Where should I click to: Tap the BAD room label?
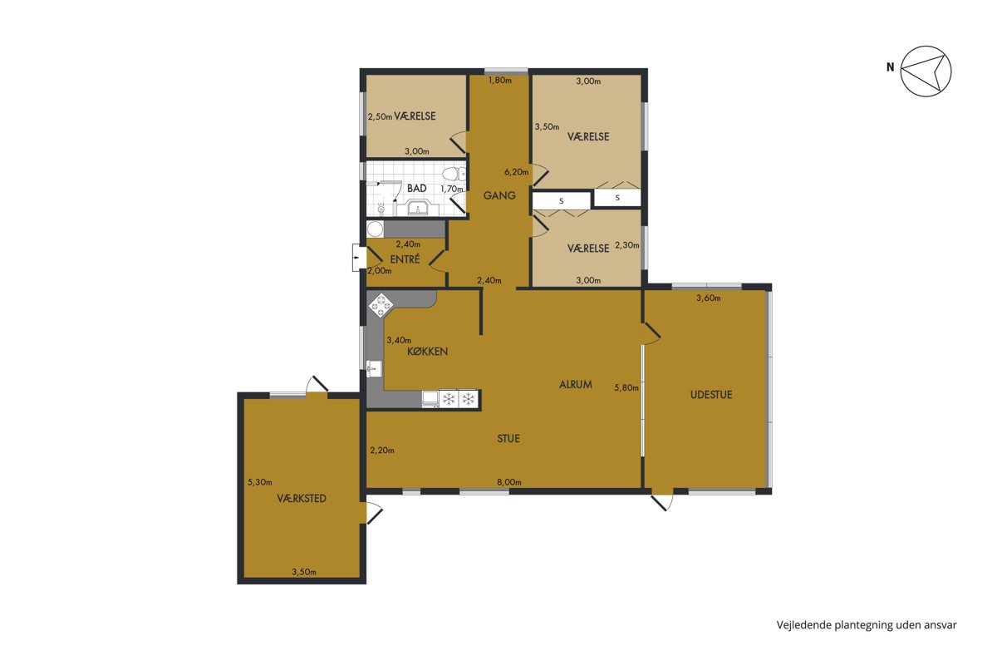pyautogui.click(x=416, y=189)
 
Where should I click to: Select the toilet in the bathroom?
pyautogui.click(x=455, y=174)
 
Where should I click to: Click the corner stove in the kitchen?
pyautogui.click(x=381, y=305)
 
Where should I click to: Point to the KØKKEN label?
pyautogui.click(x=427, y=352)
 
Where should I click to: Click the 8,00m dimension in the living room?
pyautogui.click(x=509, y=482)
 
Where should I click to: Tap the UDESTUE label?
pyautogui.click(x=711, y=395)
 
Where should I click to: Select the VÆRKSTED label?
pyautogui.click(x=302, y=499)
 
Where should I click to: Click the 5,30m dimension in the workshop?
pyautogui.click(x=260, y=482)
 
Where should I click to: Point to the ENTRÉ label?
pyautogui.click(x=405, y=259)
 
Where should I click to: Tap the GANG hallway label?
pyautogui.click(x=499, y=195)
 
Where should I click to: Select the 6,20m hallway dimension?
pyautogui.click(x=516, y=172)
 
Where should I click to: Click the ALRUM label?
pyautogui.click(x=576, y=384)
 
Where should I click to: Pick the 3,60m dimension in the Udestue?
pyautogui.click(x=709, y=298)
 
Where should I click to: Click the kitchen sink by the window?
pyautogui.click(x=375, y=369)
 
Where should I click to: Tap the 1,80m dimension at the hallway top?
pyautogui.click(x=500, y=80)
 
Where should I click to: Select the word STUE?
pyautogui.click(x=508, y=439)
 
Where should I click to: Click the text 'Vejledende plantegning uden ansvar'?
pyautogui.click(x=867, y=625)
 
